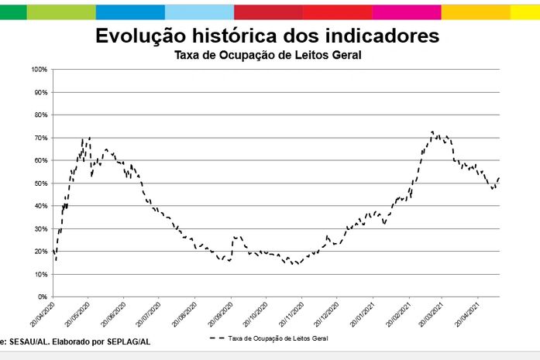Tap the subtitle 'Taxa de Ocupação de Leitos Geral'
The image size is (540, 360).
(x=267, y=55)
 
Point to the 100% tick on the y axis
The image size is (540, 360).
(x=39, y=70)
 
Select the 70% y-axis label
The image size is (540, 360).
(x=40, y=138)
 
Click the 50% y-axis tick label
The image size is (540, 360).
(x=40, y=183)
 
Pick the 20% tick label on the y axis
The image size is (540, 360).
(x=40, y=252)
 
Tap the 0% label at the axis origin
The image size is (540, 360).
(x=43, y=297)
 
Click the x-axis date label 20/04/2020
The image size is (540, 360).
(x=43, y=313)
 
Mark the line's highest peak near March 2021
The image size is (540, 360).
(x=432, y=132)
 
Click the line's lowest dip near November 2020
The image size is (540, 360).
(x=295, y=264)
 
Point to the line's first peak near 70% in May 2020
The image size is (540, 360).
(x=90, y=138)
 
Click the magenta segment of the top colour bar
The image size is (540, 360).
(x=406, y=12)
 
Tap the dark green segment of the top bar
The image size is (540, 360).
(x=13, y=12)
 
